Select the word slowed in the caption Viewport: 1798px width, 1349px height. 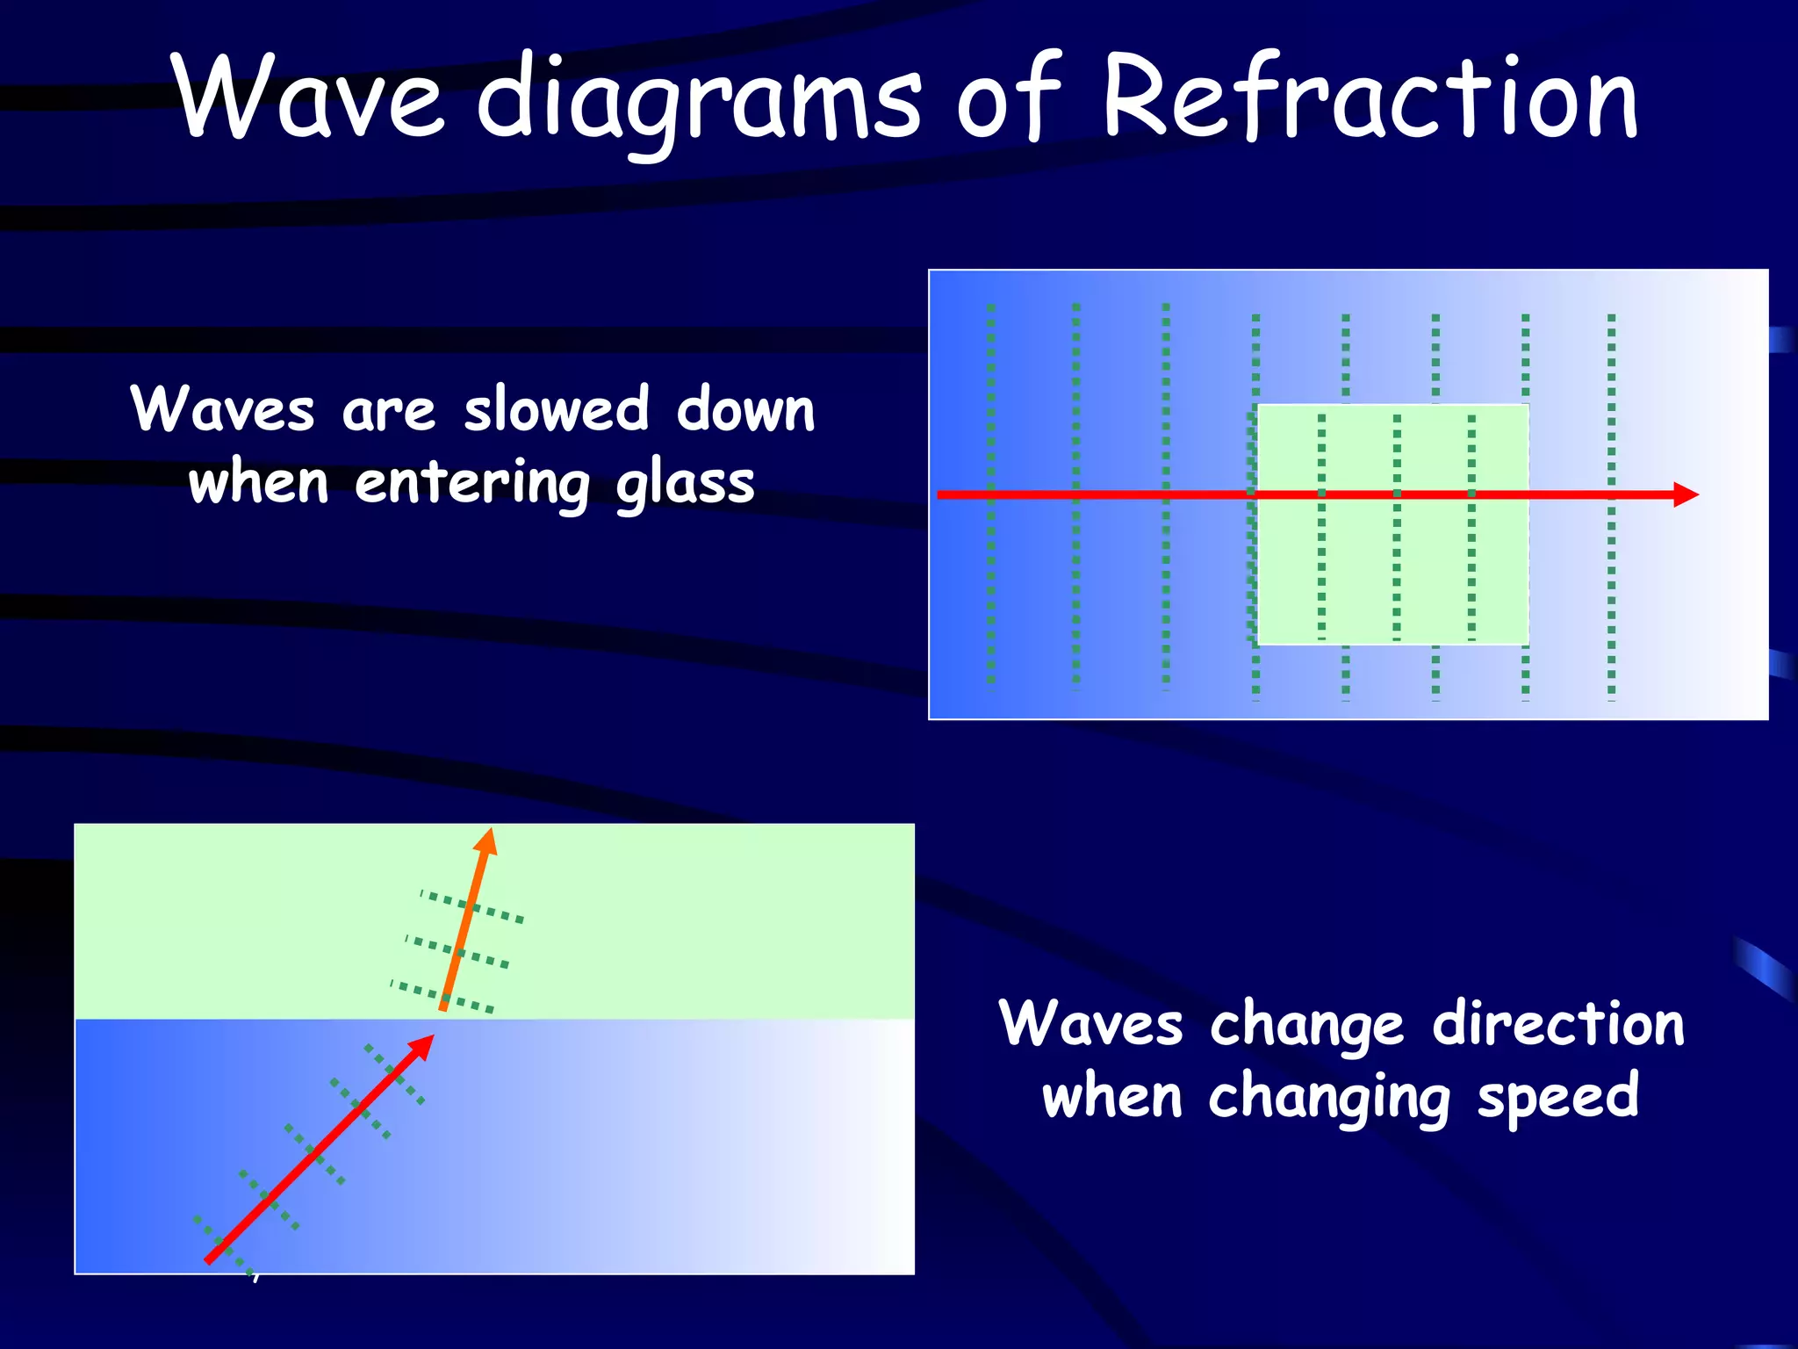[x=557, y=410]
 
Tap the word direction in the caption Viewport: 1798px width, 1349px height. [x=1558, y=1024]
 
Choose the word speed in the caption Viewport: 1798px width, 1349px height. [x=1557, y=1098]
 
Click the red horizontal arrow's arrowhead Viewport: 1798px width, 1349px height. [x=1686, y=494]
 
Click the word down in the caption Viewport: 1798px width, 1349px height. [x=745, y=410]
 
